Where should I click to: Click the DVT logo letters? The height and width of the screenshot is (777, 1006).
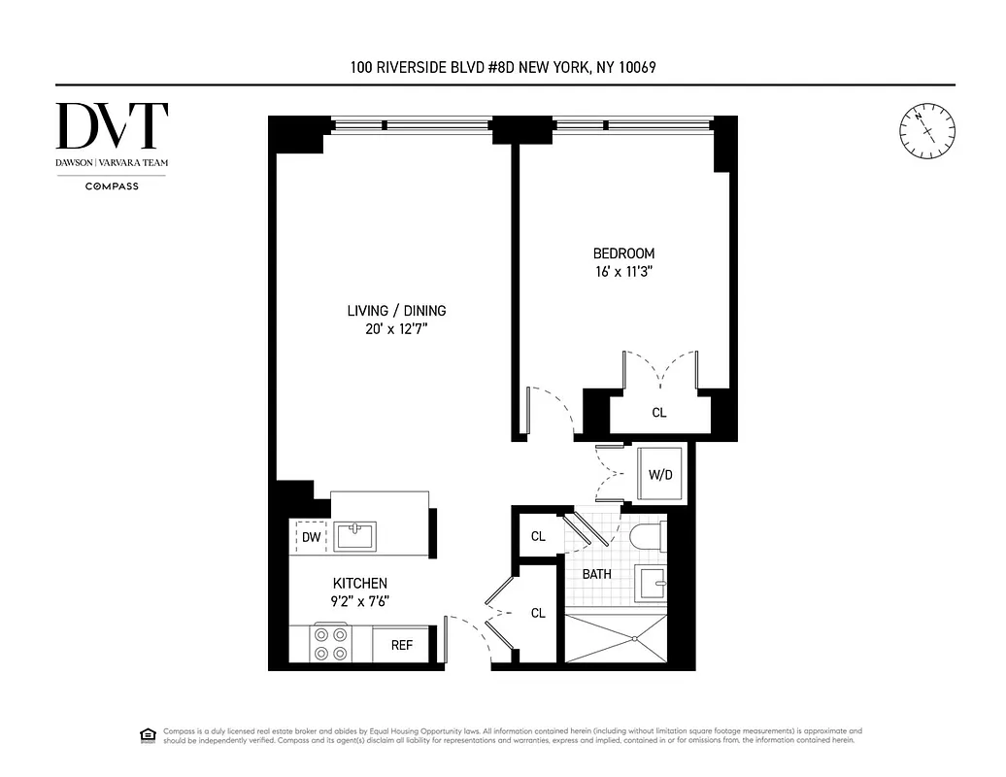pyautogui.click(x=112, y=126)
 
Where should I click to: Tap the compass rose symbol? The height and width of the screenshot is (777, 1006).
pyautogui.click(x=926, y=130)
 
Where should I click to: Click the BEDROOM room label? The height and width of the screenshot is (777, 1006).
pyautogui.click(x=623, y=253)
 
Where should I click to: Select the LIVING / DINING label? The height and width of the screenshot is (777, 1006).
pyautogui.click(x=396, y=311)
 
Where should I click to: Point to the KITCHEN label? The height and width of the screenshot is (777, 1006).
pyautogui.click(x=360, y=583)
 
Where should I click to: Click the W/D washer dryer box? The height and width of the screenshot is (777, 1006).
pyautogui.click(x=660, y=475)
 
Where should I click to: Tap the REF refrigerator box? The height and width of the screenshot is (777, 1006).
pyautogui.click(x=402, y=645)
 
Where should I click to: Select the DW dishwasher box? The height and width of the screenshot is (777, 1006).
pyautogui.click(x=311, y=537)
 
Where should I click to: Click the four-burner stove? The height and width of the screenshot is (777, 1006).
pyautogui.click(x=330, y=644)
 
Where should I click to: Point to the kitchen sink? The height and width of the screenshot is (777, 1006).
pyautogui.click(x=356, y=535)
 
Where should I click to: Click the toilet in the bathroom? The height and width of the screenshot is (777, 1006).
pyautogui.click(x=646, y=536)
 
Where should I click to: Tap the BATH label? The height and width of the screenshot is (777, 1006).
pyautogui.click(x=596, y=574)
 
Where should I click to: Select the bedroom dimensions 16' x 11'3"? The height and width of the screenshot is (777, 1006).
pyautogui.click(x=623, y=272)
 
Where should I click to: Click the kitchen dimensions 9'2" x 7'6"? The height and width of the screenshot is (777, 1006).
pyautogui.click(x=360, y=600)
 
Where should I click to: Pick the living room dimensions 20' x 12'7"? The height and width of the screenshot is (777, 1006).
pyautogui.click(x=396, y=329)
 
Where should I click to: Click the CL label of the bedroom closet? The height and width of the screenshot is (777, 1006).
pyautogui.click(x=659, y=413)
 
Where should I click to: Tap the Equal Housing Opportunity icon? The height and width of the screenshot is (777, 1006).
pyautogui.click(x=149, y=734)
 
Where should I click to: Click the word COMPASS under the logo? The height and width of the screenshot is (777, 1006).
pyautogui.click(x=112, y=186)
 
